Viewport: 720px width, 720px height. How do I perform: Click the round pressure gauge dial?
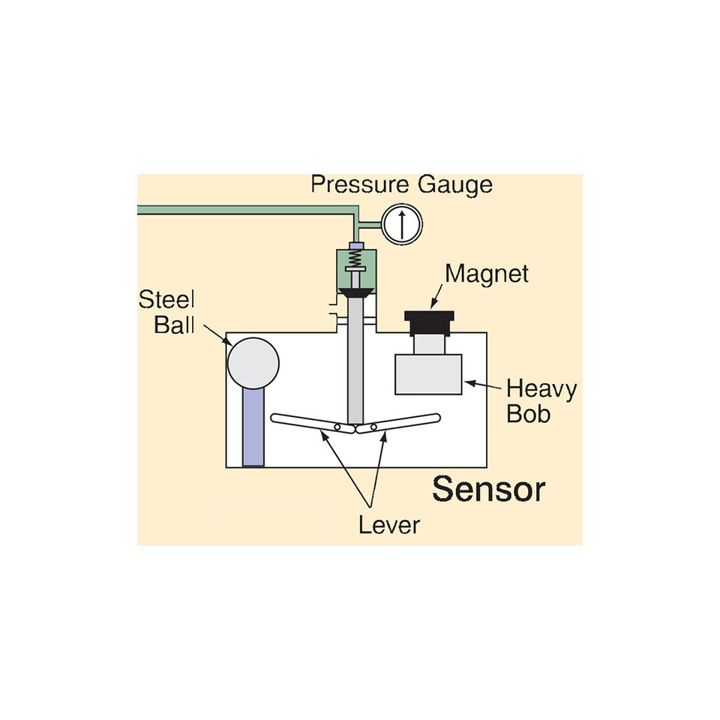(402, 222)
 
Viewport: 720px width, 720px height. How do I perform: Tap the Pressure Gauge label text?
(401, 184)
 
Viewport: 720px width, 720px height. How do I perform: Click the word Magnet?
(487, 274)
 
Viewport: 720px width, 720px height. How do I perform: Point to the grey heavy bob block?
(428, 373)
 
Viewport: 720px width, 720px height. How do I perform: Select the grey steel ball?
(253, 363)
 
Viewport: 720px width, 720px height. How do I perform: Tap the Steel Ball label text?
(166, 313)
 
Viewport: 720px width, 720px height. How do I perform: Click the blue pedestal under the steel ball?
(253, 427)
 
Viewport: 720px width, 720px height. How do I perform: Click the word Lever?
(388, 524)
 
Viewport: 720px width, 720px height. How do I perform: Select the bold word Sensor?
(488, 489)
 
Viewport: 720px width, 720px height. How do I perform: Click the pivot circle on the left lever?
(338, 427)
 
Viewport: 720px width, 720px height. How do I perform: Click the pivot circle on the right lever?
(371, 428)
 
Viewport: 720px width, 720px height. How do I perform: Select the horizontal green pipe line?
(240, 211)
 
